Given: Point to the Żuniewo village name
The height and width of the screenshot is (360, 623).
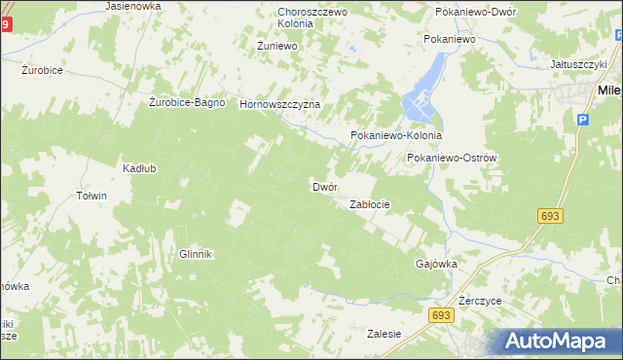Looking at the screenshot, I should (276, 46).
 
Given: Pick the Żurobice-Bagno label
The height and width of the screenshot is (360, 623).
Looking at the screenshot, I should (188, 102).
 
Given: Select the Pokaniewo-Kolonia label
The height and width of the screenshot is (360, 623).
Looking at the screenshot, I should (396, 136).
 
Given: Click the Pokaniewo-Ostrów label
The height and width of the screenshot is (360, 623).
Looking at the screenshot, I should (453, 158).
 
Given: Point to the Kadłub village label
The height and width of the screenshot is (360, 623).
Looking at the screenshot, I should (139, 167).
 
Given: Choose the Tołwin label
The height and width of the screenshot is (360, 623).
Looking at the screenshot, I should (91, 196).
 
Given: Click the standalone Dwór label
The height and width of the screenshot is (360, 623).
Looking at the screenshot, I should (324, 186).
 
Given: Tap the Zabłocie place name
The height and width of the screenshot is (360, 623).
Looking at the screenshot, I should (370, 205).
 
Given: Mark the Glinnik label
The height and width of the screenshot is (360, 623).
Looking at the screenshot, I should (195, 254).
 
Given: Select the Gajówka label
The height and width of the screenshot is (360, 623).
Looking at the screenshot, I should (436, 264).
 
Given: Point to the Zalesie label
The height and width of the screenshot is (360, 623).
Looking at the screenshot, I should (385, 334).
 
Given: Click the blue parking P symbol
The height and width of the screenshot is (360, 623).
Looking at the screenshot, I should (583, 119).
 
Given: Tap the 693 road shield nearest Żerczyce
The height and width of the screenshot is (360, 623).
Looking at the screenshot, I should (440, 316).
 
